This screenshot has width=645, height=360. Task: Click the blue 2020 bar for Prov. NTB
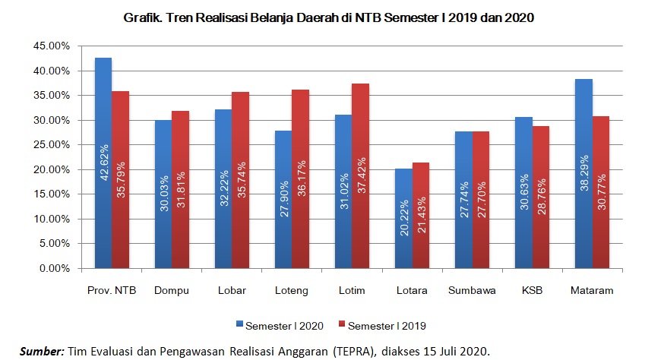point(103,163)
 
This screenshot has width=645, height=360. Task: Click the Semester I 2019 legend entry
point(388,325)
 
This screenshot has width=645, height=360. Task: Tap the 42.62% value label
point(103,163)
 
